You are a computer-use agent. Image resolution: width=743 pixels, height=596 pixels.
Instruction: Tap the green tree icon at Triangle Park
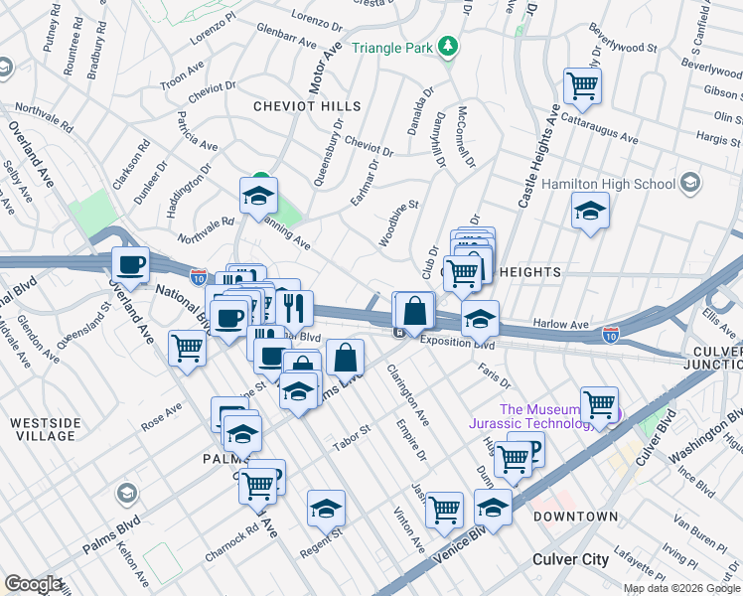point(449,46)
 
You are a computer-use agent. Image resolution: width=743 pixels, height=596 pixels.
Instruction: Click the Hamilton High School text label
point(608,184)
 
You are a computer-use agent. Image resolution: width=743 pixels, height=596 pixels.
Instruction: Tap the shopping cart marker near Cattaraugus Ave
point(582,84)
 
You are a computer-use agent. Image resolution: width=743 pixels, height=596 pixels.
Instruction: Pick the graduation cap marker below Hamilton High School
point(590,211)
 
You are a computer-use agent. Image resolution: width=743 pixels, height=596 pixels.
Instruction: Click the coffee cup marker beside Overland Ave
point(130,264)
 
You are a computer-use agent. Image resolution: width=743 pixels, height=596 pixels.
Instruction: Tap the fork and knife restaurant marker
point(294,307)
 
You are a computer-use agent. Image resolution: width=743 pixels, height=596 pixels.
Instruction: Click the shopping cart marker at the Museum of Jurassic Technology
point(599,404)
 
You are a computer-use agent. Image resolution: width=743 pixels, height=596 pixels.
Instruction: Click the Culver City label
point(570,559)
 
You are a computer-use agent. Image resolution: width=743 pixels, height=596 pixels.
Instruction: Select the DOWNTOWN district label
point(575,518)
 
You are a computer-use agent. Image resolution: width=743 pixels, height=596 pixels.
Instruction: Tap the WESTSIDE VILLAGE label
point(45,430)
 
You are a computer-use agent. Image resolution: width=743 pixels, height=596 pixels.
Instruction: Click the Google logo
point(32,584)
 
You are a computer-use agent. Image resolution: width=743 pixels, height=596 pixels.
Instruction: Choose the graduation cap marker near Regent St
point(326,508)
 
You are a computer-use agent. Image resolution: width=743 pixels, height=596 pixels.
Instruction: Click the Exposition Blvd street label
point(457,343)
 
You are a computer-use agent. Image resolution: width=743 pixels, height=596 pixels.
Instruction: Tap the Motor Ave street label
point(325,69)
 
